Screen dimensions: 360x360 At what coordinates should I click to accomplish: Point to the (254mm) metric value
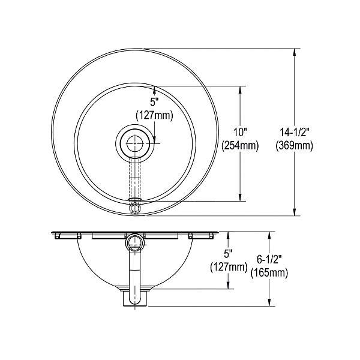point(240,145)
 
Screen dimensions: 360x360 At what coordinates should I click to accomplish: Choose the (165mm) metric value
point(269,273)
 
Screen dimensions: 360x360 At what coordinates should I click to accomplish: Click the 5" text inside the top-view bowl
point(155,101)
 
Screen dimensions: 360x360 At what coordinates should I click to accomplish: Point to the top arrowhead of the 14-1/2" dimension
point(295,53)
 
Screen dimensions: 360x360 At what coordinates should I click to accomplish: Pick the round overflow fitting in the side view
point(135,243)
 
